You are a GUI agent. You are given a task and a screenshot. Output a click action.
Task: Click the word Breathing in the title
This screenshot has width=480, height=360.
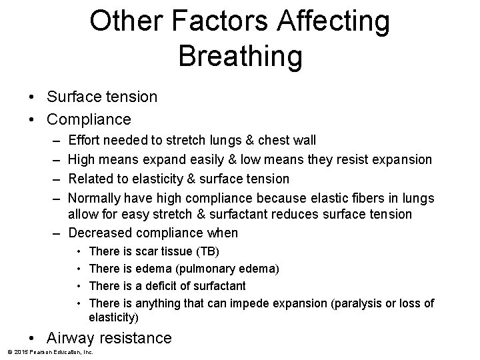tap(240, 56)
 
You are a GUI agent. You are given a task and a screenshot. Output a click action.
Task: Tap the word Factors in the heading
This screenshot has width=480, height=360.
tap(201, 21)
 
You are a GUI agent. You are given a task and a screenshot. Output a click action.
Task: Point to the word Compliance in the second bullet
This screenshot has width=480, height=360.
tap(89, 119)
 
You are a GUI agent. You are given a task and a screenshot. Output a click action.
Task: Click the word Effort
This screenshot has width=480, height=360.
tap(83, 140)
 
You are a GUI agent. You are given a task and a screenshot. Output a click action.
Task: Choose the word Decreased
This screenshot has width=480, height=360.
tap(101, 233)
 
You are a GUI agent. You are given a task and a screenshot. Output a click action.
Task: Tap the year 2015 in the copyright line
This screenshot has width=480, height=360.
tap(19, 351)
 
